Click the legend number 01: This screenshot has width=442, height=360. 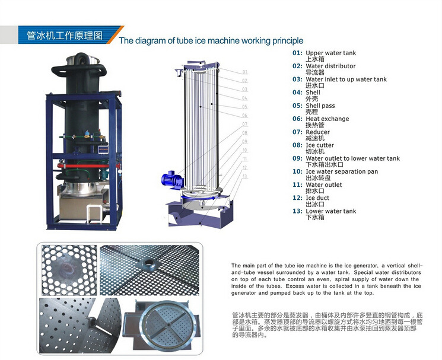(x=297, y=53)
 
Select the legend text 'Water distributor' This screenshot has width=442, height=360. (x=330, y=66)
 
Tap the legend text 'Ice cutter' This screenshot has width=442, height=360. (x=320, y=145)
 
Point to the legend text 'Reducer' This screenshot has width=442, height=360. (x=317, y=132)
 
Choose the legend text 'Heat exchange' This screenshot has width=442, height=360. (x=327, y=119)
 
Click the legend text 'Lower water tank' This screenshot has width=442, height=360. (x=331, y=211)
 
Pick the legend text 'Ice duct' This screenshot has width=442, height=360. (x=317, y=198)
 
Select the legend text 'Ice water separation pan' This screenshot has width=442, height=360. (x=342, y=171)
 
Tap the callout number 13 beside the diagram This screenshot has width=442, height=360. (x=244, y=176)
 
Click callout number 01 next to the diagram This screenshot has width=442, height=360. (x=244, y=72)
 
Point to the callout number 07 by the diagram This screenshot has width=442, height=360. (x=244, y=124)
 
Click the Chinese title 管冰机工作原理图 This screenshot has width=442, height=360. (x=65, y=36)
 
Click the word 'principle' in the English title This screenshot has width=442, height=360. (x=288, y=40)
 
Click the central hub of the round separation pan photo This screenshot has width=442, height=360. (x=168, y=324)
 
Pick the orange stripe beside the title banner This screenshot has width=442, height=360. (x=115, y=35)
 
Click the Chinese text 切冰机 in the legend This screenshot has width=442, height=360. (x=315, y=152)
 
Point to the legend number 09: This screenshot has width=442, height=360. (x=297, y=158)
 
